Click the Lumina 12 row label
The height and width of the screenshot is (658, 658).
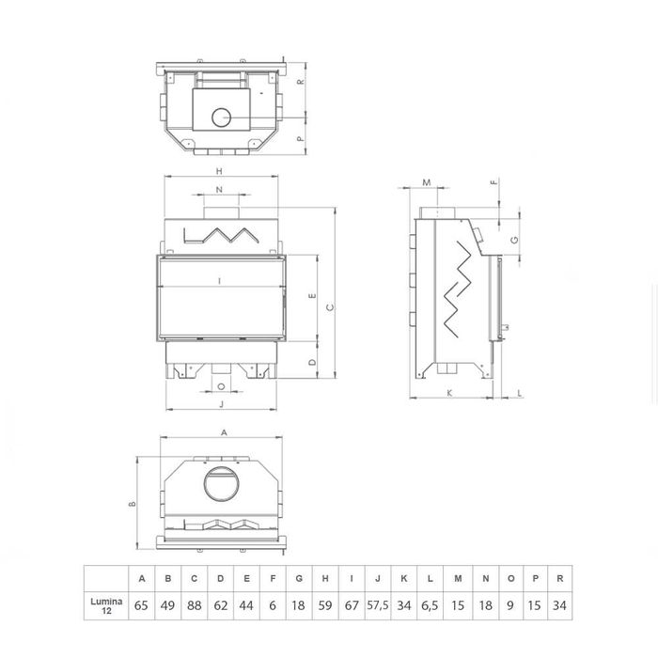coord(106,605)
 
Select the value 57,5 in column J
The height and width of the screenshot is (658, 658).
coord(378,605)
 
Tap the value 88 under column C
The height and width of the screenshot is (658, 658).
coord(194,605)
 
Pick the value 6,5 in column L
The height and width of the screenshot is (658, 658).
coord(430,605)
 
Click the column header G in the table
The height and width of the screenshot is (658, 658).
coord(299,579)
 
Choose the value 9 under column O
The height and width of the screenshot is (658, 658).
coord(510,605)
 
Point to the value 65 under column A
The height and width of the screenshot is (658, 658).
coord(141,605)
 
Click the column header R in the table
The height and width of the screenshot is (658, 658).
coord(560,579)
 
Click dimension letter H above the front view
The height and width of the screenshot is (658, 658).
coord(219,171)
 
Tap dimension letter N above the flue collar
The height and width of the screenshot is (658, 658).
coord(219,190)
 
